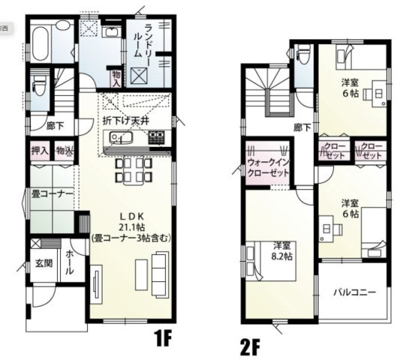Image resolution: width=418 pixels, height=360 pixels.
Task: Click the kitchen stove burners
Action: pos(156,138)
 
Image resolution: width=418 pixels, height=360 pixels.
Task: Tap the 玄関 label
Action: pos(43,263)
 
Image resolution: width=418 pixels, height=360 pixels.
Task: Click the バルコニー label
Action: pos(354,292)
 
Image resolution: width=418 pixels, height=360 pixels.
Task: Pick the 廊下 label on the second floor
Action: pos(303,128)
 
